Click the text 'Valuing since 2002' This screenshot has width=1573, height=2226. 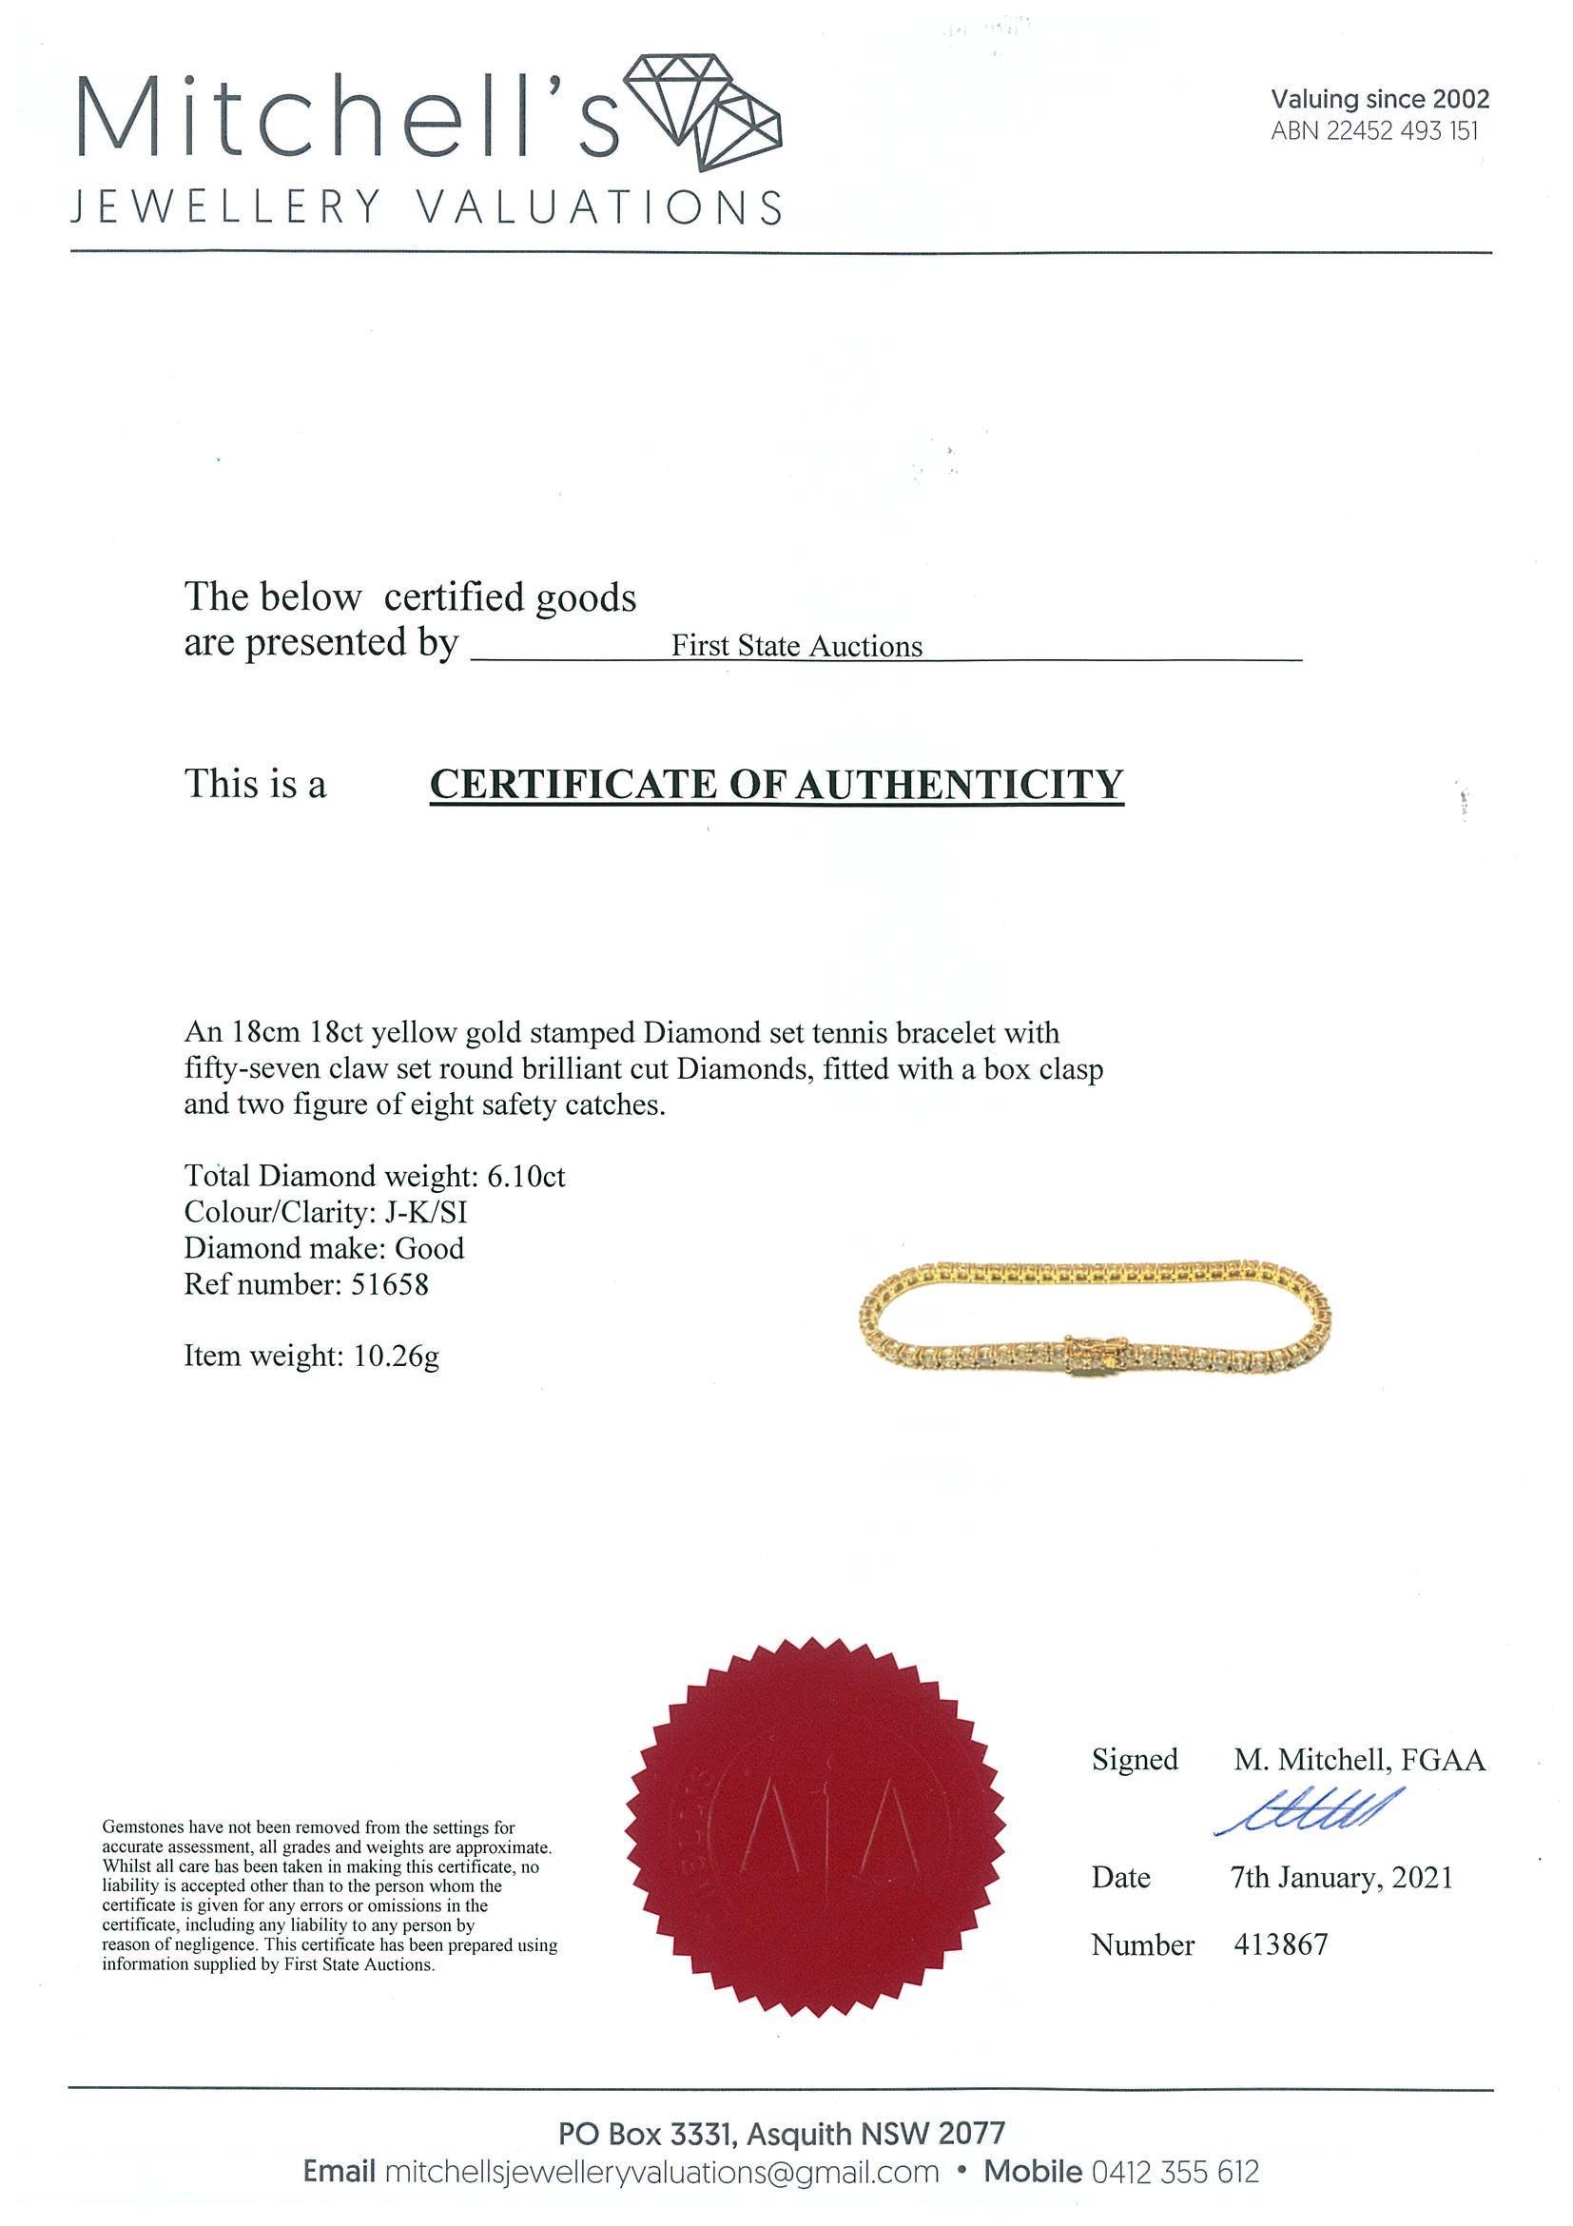click(1380, 99)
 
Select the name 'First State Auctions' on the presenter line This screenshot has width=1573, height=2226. click(797, 647)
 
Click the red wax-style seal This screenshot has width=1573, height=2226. click(814, 1842)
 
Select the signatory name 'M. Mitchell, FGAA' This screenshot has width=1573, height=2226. click(1359, 1760)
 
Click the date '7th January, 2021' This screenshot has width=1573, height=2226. click(1341, 1877)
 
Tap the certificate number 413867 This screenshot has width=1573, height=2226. click(1280, 1943)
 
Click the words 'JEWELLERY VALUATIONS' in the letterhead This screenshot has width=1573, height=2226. click(426, 206)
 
